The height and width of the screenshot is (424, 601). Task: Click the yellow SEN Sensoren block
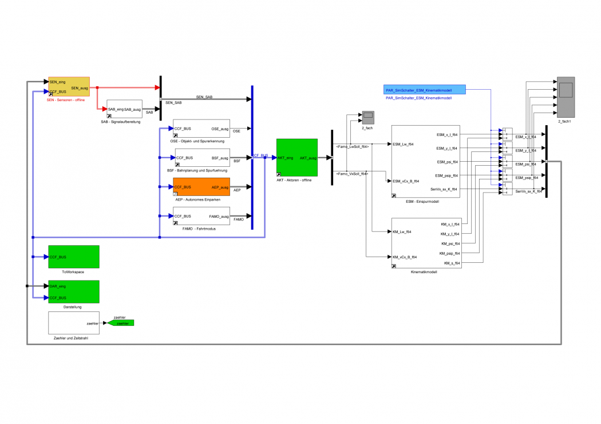click(69, 87)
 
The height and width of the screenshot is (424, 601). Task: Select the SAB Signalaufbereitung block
click(124, 109)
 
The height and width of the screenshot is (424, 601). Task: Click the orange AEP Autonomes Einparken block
click(201, 187)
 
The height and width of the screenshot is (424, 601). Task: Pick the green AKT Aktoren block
click(296, 157)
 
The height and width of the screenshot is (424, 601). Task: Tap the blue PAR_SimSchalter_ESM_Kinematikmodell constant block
click(424, 89)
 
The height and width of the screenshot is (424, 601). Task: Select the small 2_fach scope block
click(367, 117)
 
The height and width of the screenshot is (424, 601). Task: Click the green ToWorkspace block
click(73, 257)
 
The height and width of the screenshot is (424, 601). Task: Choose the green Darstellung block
click(73, 291)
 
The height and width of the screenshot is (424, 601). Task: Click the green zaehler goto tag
click(122, 323)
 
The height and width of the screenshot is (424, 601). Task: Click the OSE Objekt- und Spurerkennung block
click(201, 129)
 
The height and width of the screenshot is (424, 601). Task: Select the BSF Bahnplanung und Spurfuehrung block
click(201, 158)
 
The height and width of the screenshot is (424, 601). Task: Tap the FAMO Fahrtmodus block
click(201, 216)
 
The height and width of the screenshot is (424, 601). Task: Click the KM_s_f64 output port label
click(453, 262)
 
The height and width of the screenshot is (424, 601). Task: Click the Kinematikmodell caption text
click(424, 272)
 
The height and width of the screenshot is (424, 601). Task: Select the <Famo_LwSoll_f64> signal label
click(353, 147)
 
